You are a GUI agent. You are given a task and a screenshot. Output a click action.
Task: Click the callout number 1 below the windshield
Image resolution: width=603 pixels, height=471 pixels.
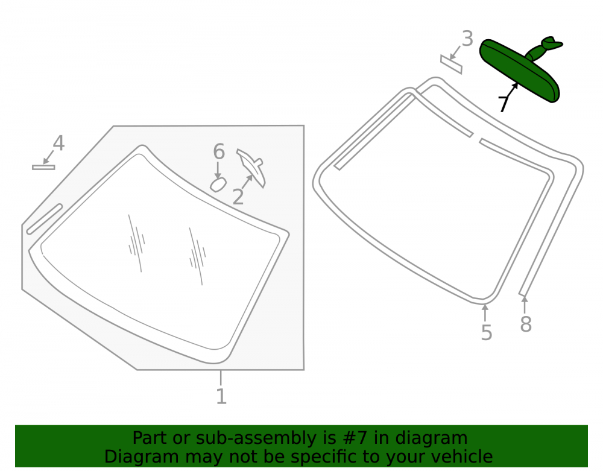click(221, 396)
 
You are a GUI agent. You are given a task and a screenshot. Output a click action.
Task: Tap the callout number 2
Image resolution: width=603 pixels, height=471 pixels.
click(238, 197)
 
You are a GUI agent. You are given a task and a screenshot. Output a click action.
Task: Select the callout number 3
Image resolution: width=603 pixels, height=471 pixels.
click(467, 39)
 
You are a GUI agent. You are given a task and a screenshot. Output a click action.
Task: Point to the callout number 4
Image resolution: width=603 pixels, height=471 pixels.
click(58, 143)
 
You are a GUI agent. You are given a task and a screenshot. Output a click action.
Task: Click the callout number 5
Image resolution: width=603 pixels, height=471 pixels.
click(487, 332)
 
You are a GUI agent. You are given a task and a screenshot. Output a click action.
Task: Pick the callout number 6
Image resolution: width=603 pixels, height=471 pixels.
click(219, 151)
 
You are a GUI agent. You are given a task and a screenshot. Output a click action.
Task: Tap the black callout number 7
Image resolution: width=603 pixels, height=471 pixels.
click(503, 104)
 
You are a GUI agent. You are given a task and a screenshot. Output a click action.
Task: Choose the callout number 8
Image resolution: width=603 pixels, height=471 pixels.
click(526, 324)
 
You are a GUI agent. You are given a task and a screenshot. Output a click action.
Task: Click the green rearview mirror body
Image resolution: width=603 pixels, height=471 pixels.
click(519, 71)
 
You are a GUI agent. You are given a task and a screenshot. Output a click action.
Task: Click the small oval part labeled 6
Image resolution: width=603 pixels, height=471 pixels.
click(218, 185)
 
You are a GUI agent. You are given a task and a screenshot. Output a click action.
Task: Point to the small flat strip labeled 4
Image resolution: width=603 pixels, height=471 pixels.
click(43, 167)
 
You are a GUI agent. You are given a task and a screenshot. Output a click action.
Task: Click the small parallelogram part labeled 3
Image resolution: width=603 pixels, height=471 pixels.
click(451, 64)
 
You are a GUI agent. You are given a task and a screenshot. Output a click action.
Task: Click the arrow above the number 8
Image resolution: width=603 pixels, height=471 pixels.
click(524, 305)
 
